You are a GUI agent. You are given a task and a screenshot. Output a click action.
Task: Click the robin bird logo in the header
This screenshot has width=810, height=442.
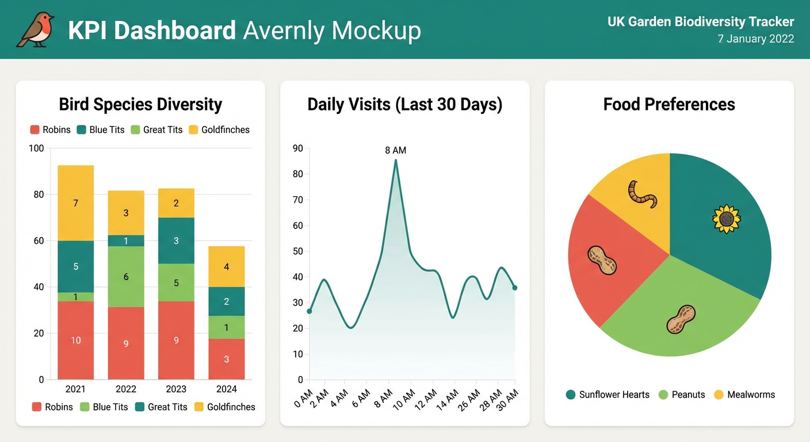click(x=36, y=30)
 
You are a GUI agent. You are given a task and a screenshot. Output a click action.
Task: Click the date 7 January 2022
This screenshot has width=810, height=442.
click(x=755, y=39)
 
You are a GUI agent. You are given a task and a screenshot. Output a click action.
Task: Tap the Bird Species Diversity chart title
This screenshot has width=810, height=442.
click(x=140, y=104)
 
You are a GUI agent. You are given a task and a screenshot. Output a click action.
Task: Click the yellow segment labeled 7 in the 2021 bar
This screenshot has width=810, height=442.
click(x=75, y=203)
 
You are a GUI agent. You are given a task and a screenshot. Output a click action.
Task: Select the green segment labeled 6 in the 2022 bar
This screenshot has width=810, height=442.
click(x=126, y=277)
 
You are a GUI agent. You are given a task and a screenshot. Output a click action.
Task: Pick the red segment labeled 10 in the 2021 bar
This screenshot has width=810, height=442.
click(x=75, y=340)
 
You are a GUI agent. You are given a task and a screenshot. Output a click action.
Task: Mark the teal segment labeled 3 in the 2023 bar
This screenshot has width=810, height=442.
click(x=176, y=241)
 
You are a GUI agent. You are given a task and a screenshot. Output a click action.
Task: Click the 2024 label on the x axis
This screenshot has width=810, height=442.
click(x=226, y=389)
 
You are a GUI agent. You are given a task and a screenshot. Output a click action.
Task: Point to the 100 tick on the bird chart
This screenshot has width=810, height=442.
click(x=36, y=148)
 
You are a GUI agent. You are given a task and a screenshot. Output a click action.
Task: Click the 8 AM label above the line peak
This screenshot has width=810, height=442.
click(x=395, y=150)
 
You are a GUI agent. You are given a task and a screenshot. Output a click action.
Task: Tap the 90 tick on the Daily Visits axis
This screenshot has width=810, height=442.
click(x=297, y=148)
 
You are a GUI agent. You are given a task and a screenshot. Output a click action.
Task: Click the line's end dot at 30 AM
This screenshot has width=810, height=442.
click(x=515, y=288)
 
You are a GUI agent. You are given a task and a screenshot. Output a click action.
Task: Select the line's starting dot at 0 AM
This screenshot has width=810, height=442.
click(x=310, y=311)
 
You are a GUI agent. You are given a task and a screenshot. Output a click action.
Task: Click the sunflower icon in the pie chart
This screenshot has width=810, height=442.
click(x=726, y=219)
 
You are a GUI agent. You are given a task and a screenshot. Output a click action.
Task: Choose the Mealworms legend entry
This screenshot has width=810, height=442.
click(x=744, y=395)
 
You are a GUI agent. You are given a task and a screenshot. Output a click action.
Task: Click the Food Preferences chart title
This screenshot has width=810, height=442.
click(x=669, y=104)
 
